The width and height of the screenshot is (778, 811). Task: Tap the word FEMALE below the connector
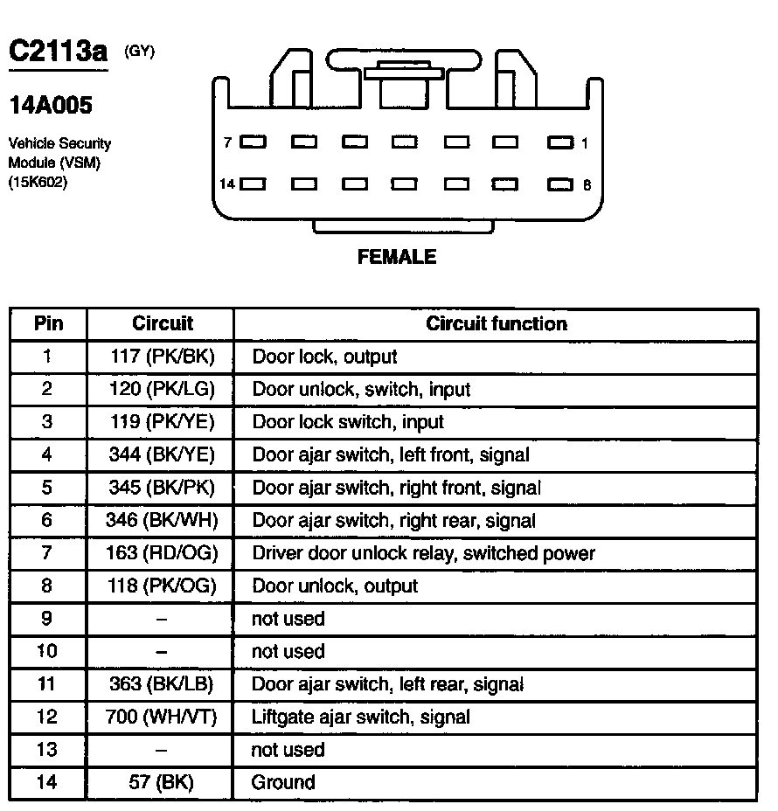point(396,257)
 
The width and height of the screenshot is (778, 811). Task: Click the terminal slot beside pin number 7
point(254,142)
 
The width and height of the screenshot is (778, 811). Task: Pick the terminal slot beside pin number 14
point(254,184)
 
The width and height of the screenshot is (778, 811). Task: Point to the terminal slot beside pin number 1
point(559,142)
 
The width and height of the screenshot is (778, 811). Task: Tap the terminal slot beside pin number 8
point(559,184)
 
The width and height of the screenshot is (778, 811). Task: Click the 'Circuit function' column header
point(496,324)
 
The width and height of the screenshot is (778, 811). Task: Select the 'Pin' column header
point(48,324)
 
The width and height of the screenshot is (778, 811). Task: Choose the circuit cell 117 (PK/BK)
point(163,357)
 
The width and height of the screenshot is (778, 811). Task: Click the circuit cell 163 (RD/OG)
point(163,553)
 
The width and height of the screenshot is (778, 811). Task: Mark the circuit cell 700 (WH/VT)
point(163,717)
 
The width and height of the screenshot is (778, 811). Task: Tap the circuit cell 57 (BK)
point(163,783)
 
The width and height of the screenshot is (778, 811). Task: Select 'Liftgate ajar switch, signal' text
point(360,717)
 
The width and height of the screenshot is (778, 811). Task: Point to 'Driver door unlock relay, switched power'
point(423,553)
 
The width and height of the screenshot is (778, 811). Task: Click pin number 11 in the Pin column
point(47,684)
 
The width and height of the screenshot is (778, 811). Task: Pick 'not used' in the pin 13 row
point(288,750)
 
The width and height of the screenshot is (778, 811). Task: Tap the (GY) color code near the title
point(140,52)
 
